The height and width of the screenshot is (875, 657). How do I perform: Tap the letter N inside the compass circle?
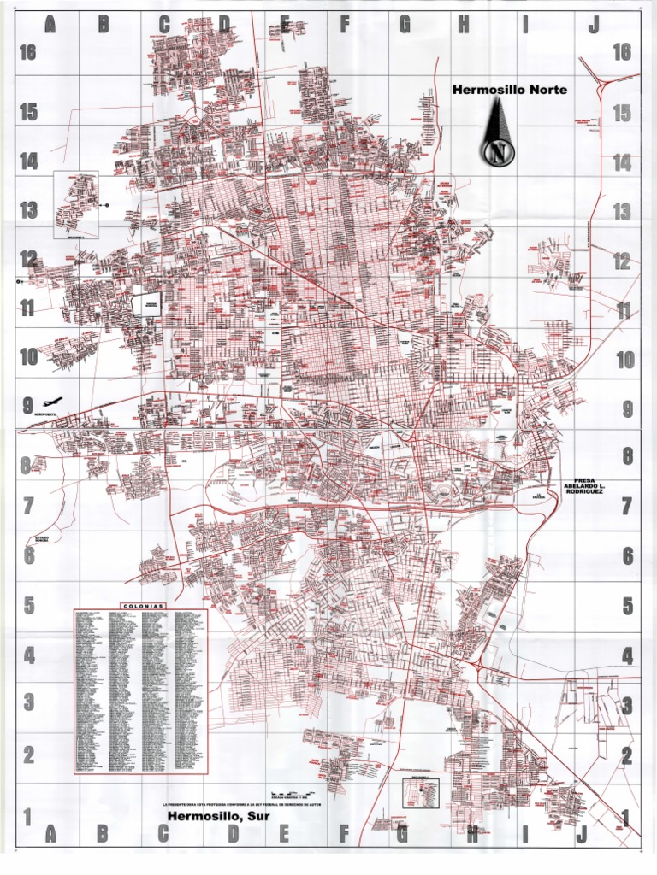pos(498,154)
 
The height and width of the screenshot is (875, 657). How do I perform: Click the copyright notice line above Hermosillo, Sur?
pos(244,804)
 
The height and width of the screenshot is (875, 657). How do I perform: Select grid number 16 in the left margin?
pos(28,53)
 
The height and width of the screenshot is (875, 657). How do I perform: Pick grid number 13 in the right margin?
pos(622,212)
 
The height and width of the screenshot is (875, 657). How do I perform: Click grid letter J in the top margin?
pos(593,25)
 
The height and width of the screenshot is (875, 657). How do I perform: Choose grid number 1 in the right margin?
pos(625,818)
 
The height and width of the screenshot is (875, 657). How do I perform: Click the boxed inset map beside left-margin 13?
pos(76,204)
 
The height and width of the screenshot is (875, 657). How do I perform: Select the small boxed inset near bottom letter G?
pos(420,794)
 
